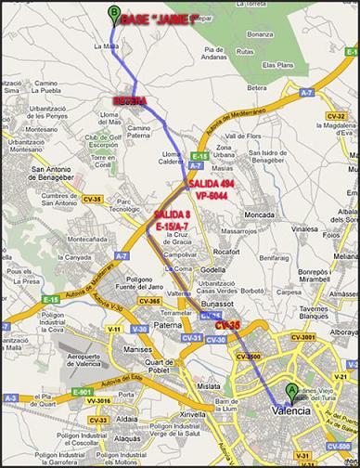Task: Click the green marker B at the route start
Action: (114, 14)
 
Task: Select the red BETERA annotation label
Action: (130, 97)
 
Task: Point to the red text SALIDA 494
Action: (211, 184)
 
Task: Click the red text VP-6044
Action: (212, 196)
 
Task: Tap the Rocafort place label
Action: (226, 251)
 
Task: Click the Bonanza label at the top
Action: (261, 33)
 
